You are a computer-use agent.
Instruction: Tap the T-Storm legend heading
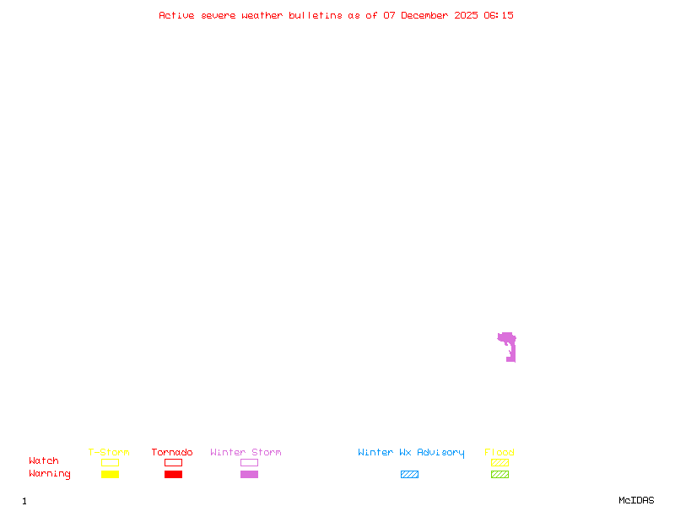109,453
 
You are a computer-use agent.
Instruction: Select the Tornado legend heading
172,453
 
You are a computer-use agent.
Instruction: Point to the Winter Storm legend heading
246,453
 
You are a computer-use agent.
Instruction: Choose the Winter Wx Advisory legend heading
411,453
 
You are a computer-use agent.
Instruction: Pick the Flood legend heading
499,453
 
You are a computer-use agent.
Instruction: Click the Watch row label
44,461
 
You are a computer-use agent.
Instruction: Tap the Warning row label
50,474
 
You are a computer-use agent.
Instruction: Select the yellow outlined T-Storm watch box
110,462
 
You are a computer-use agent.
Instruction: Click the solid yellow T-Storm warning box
110,474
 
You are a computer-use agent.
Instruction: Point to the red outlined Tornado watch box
173,462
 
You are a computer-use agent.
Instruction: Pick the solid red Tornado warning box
173,474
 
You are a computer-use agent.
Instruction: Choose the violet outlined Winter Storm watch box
249,462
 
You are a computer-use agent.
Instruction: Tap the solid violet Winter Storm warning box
249,474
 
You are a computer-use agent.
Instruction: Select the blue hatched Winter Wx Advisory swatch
409,474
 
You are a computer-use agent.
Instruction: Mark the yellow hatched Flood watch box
499,462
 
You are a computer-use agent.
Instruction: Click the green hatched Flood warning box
499,474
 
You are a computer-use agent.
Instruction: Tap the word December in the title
429,15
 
